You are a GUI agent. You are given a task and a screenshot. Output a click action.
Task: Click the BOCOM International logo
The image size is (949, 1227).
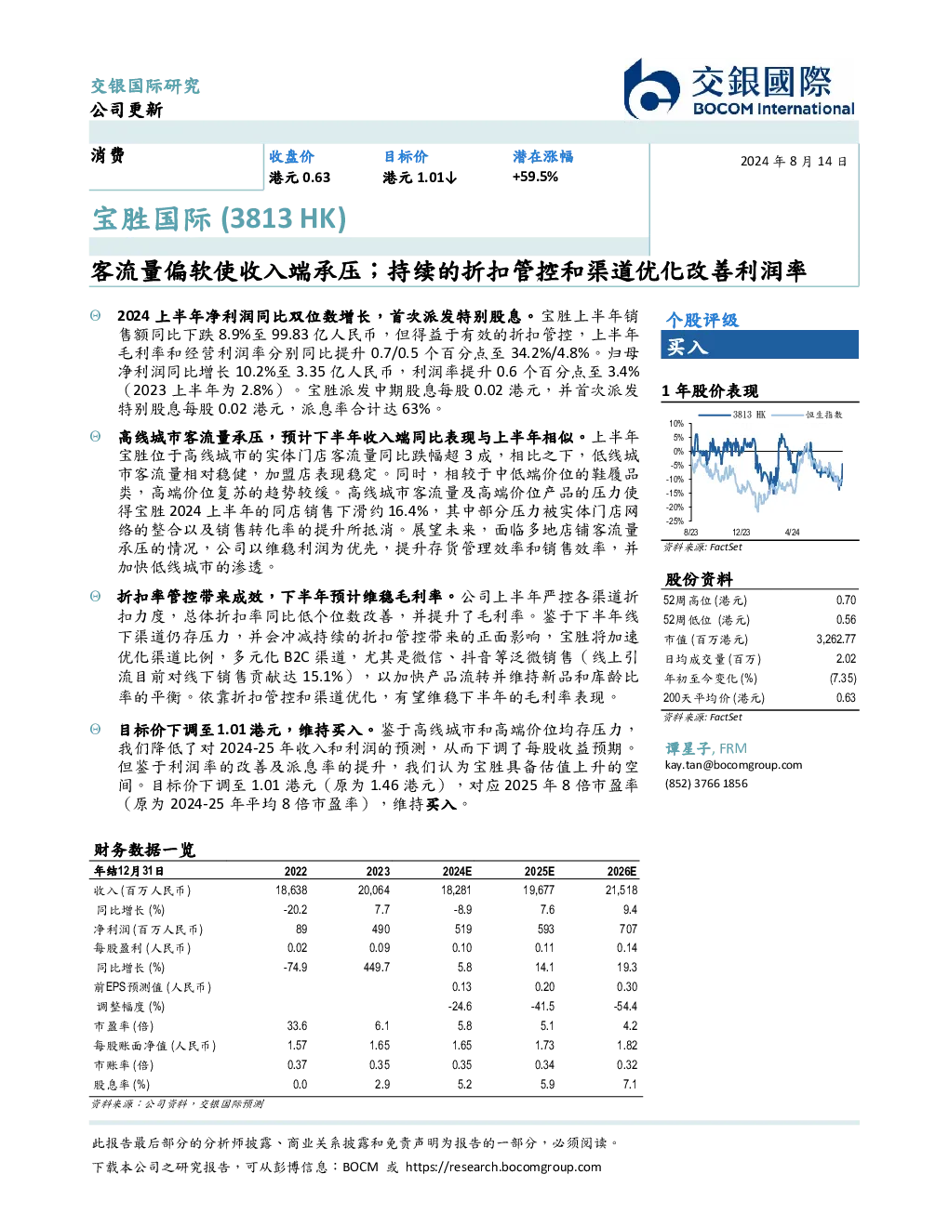click(739, 88)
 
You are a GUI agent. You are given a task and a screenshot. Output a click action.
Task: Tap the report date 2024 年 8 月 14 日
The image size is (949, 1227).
click(794, 162)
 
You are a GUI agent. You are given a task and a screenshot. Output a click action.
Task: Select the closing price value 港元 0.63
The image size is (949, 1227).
click(300, 178)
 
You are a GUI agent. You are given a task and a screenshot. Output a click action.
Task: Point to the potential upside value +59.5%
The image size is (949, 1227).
click(535, 177)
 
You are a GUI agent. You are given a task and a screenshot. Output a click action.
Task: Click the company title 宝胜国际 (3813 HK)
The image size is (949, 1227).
click(220, 218)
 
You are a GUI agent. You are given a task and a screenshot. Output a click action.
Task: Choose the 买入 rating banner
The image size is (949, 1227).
click(759, 345)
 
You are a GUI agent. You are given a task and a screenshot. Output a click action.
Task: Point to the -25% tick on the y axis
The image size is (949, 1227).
click(675, 521)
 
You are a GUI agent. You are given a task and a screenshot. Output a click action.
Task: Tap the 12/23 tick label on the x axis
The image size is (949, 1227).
click(741, 532)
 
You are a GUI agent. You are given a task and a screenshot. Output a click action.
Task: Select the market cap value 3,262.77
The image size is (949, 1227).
click(835, 640)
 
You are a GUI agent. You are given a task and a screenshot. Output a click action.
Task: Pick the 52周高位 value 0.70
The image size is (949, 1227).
click(846, 600)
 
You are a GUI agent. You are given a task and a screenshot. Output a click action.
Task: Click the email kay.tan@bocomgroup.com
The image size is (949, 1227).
click(733, 765)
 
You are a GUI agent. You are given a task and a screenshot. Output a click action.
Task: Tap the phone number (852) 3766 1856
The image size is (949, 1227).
click(706, 784)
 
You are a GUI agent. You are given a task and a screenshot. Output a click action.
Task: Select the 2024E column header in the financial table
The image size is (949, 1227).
click(457, 871)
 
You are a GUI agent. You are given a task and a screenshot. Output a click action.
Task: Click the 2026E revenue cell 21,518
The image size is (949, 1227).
click(622, 891)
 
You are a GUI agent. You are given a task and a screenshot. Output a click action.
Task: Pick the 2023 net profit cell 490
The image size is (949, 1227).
click(381, 930)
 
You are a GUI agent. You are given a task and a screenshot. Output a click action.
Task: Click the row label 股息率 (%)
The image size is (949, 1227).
click(122, 1085)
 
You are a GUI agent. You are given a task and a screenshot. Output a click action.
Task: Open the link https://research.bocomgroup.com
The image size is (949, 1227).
click(503, 1168)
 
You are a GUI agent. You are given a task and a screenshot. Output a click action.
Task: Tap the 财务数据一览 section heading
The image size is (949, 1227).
click(144, 850)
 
